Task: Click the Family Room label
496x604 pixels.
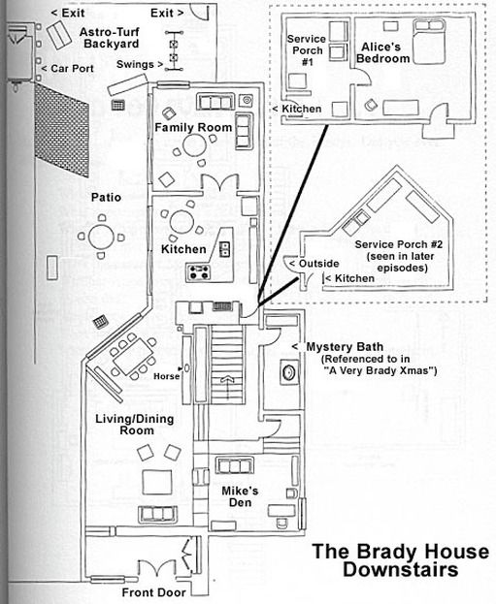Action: point(193,128)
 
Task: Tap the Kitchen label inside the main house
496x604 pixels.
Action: point(183,249)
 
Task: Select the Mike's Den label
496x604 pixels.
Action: point(240,496)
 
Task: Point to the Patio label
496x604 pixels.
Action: point(106,197)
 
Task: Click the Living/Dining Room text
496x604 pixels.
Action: point(135,425)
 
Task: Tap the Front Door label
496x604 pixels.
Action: point(153,592)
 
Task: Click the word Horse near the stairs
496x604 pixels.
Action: point(167,376)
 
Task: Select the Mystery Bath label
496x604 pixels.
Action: point(345,347)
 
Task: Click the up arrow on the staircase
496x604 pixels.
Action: point(227,387)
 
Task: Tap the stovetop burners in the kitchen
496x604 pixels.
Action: point(199,272)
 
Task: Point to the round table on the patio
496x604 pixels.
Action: point(102,237)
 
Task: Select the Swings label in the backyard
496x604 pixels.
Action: point(135,64)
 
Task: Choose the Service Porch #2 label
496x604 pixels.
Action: point(399,256)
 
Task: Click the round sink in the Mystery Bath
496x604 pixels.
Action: point(288,372)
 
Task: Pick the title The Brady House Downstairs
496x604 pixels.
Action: point(401,560)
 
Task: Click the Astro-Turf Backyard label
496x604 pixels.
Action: point(111,38)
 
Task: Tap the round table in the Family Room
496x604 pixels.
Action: point(194,144)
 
